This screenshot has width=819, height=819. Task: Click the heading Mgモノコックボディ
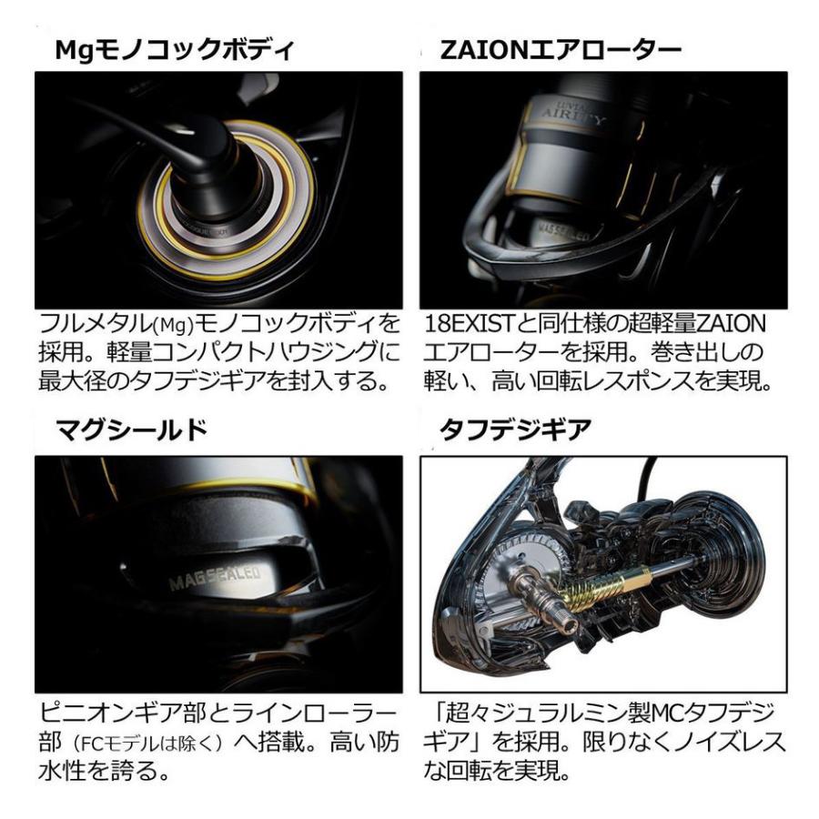(175, 51)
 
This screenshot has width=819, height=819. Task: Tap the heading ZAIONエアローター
(561, 51)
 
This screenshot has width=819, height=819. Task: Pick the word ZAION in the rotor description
(718, 325)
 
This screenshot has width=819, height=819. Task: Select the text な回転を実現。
(495, 774)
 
